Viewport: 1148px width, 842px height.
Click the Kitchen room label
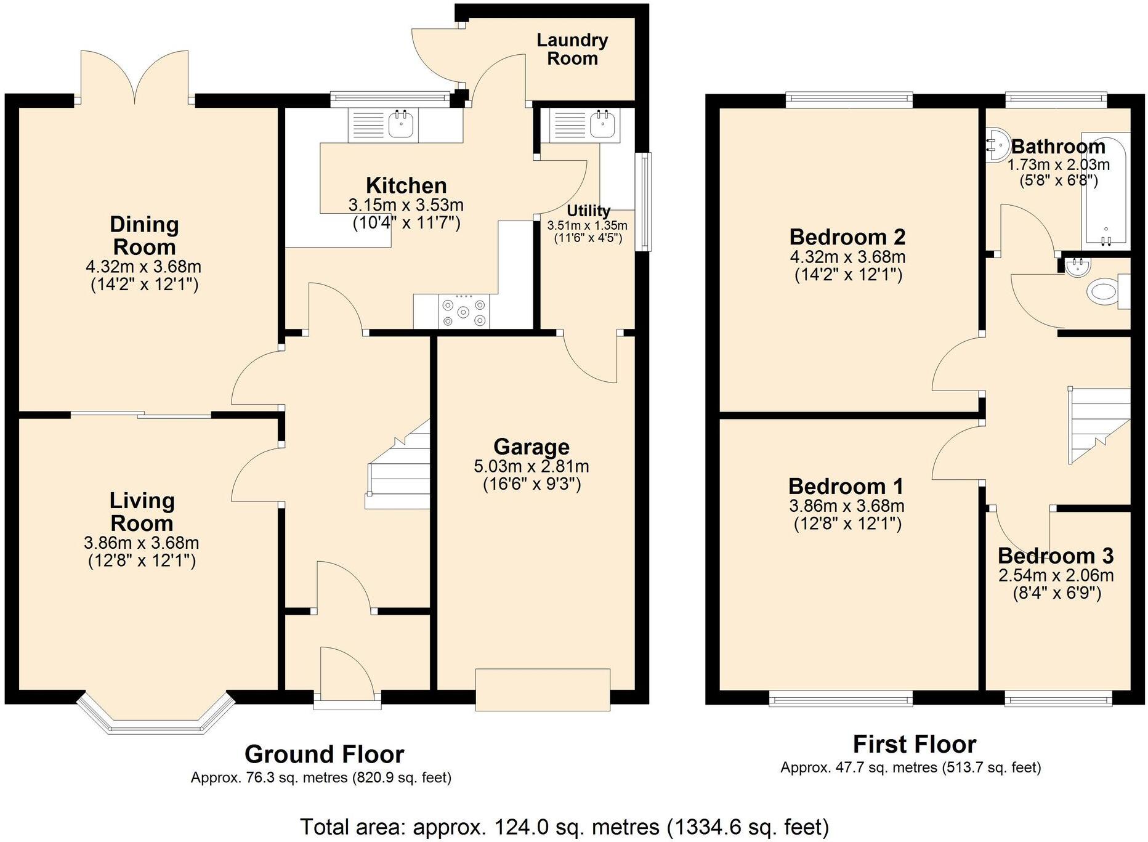tap(406, 185)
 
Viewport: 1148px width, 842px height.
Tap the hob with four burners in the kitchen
tap(464, 312)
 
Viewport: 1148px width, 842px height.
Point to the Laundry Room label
tap(572, 49)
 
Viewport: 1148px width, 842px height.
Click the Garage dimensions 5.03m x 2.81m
tap(531, 466)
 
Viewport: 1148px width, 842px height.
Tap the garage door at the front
tap(543, 690)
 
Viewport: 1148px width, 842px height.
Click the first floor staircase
tap(1099, 425)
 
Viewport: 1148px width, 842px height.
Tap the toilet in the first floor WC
tap(1106, 292)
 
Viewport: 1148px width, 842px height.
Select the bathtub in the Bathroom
tap(1107, 191)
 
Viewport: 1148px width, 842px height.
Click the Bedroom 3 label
tap(1056, 556)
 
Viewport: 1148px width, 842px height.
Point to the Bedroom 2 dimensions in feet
tap(848, 275)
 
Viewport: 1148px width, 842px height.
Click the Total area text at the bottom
tap(564, 826)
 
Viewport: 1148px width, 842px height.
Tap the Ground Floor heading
tap(324, 754)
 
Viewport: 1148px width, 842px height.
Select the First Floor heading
tap(914, 744)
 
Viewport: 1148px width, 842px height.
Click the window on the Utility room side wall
tap(644, 201)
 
